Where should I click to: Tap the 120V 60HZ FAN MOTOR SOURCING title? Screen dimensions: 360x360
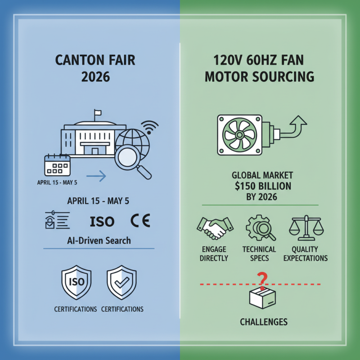click(259, 67)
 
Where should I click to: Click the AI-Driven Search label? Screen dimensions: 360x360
click(98, 240)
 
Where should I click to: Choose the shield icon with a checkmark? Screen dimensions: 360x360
click(121, 283)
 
